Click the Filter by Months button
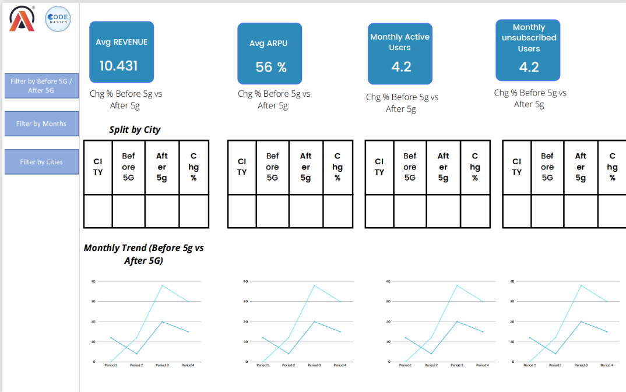click(41, 123)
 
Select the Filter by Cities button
click(41, 162)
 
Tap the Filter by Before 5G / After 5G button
click(41, 86)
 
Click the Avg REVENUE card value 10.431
click(118, 66)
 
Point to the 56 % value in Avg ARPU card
click(271, 67)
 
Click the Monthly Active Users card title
click(400, 42)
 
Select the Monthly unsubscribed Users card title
click(529, 37)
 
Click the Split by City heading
click(135, 129)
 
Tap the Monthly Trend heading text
click(143, 254)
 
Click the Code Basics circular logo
click(58, 19)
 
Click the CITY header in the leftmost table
click(98, 167)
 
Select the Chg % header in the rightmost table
click(612, 167)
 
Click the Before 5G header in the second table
click(272, 167)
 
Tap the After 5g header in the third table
click(443, 167)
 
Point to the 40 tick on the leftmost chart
click(93, 281)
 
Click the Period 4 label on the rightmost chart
click(606, 365)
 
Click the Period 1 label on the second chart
click(262, 365)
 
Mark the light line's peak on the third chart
click(456, 285)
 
